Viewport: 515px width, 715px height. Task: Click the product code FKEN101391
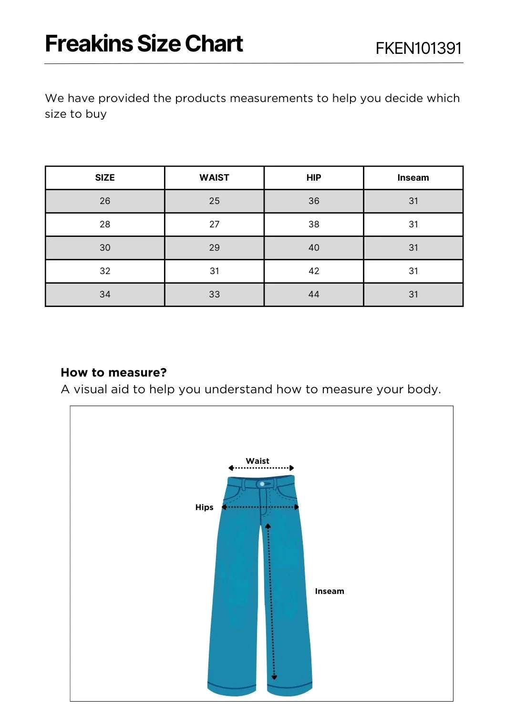pos(418,48)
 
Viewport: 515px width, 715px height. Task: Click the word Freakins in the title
pos(89,44)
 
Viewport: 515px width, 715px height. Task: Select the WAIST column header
pos(214,178)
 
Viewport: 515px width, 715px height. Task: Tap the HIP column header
pos(314,178)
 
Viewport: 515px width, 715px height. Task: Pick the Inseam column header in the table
pos(413,178)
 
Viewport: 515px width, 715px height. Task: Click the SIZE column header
pos(105,178)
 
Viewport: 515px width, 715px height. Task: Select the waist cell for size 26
pos(214,201)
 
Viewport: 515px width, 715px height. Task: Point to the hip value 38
pos(314,225)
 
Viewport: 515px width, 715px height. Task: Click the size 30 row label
pos(105,248)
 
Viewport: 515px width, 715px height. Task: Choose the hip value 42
pos(314,271)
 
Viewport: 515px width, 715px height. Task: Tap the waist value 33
pos(214,295)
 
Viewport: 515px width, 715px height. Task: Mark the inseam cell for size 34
pos(413,295)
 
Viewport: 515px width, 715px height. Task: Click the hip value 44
pos(314,295)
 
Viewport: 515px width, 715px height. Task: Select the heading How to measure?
pos(113,372)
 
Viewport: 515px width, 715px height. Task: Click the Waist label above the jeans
pos(257,461)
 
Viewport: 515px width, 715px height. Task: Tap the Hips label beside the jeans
pos(204,507)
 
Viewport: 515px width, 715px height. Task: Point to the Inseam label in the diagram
pos(330,591)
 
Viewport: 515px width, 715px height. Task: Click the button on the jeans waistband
pos(262,484)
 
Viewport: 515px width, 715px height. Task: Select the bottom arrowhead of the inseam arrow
pos(274,677)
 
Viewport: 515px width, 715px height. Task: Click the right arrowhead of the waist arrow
pos(292,468)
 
